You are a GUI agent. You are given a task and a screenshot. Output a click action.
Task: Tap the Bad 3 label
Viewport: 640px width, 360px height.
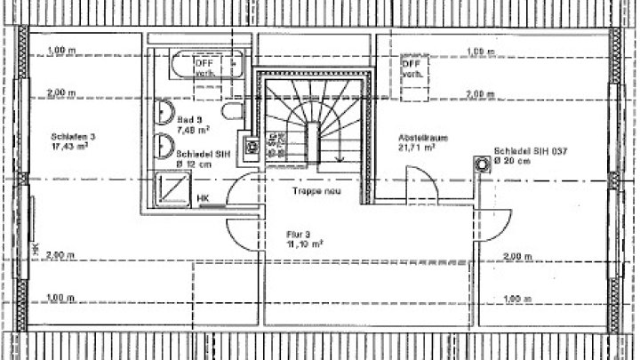(189, 119)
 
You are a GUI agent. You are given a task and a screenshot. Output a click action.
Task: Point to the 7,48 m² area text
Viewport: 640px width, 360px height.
(194, 130)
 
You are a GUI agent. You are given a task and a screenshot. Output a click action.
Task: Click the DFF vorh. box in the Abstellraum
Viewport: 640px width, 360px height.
(413, 70)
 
